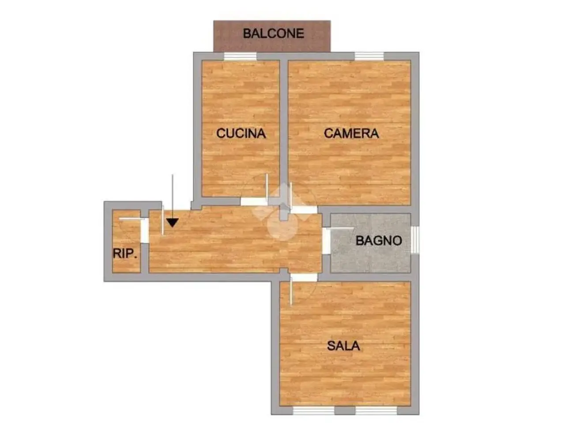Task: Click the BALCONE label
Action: coord(273,33)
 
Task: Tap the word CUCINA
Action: coord(241,133)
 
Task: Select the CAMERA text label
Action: coord(351,134)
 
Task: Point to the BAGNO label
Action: coord(379,241)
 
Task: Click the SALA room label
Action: coord(343,346)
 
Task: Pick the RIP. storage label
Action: coord(125,253)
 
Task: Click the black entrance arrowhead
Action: coord(173,223)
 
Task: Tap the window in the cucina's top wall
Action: coord(240,56)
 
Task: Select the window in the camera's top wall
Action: coord(369,56)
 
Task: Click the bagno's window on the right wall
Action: coord(414,240)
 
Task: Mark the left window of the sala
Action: coord(314,410)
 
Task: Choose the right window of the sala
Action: coord(377,410)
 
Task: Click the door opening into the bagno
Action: coord(326,241)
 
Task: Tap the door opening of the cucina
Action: coord(254,202)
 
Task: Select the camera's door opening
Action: coord(304,210)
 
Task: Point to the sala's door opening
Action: coord(304,278)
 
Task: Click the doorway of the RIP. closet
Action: coord(145,230)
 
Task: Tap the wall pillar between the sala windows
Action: coord(345,410)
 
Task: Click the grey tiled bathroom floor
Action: coord(370,243)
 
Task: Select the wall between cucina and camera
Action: coord(284,128)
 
